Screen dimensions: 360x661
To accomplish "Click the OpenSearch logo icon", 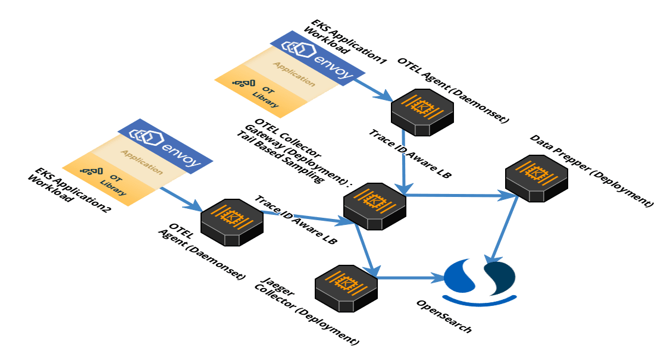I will [x=480, y=280].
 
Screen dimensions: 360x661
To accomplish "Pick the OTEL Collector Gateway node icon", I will [x=375, y=206].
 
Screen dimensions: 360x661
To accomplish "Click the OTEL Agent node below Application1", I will [x=422, y=111].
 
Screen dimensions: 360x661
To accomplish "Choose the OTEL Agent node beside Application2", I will [x=232, y=223].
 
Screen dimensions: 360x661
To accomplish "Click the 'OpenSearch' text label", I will [x=444, y=315].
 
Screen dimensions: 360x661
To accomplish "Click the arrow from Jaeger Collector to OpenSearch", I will [x=411, y=278].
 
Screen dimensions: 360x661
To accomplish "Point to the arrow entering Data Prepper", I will [x=458, y=195].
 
